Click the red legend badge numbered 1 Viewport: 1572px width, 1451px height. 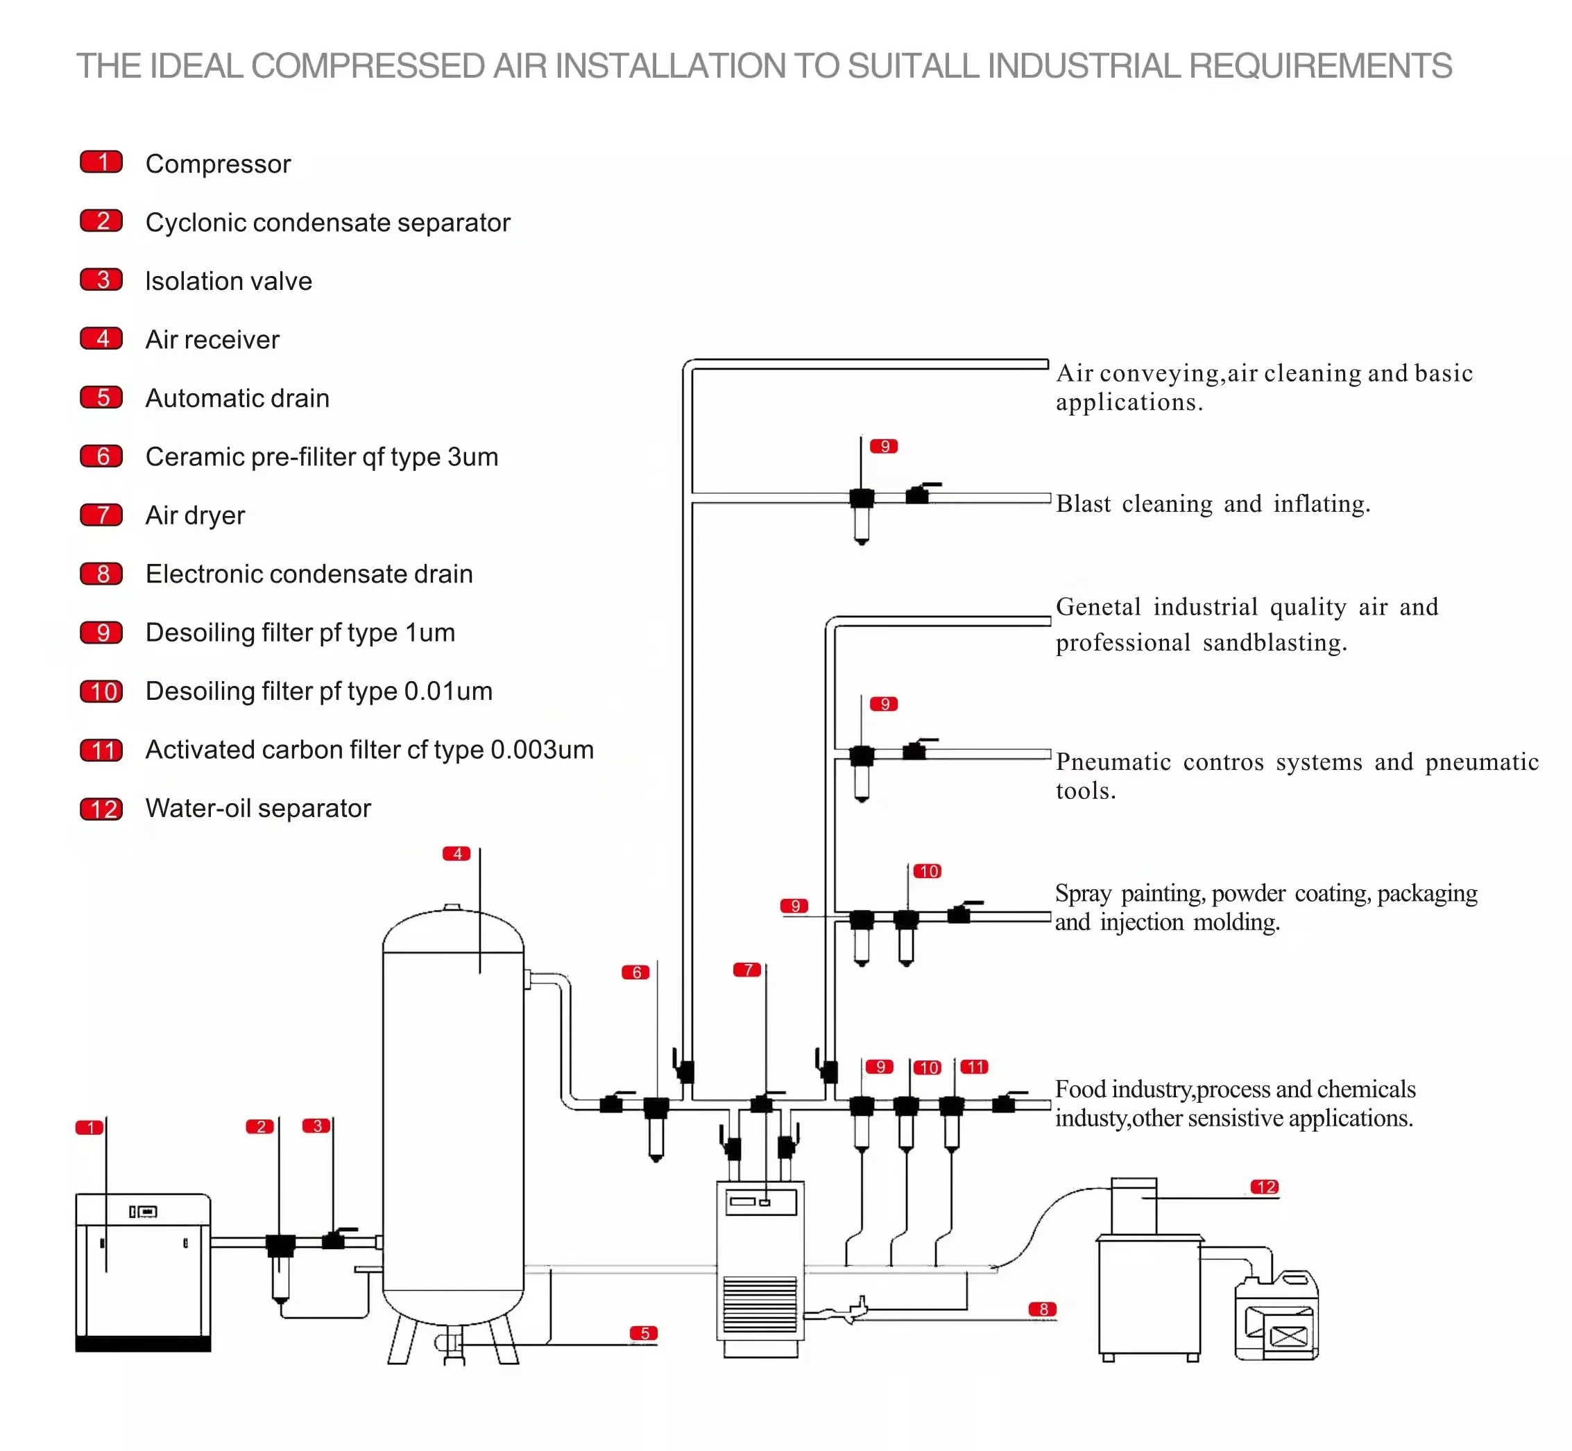(x=101, y=162)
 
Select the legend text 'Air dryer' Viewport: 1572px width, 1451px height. (x=196, y=515)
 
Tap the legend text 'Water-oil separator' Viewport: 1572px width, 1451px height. (x=258, y=808)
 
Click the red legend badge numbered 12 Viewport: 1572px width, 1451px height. (x=101, y=809)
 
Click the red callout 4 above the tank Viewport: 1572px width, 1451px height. (x=456, y=854)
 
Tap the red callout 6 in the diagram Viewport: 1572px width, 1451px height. (x=636, y=972)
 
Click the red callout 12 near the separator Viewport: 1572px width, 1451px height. (x=1265, y=1187)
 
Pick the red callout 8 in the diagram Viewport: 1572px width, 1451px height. (x=1043, y=1309)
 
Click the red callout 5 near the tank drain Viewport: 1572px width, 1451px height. (x=644, y=1332)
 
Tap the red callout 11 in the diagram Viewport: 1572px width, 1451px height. (x=975, y=1066)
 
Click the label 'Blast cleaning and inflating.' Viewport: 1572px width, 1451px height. (x=1213, y=504)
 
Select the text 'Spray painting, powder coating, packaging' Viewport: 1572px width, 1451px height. (x=1266, y=893)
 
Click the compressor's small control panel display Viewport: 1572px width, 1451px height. (x=143, y=1212)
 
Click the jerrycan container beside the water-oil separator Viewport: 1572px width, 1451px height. (x=1276, y=1316)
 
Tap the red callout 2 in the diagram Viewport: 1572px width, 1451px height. (x=260, y=1126)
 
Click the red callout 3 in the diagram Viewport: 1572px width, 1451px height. (x=316, y=1125)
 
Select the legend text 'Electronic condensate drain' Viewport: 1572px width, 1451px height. (x=309, y=574)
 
